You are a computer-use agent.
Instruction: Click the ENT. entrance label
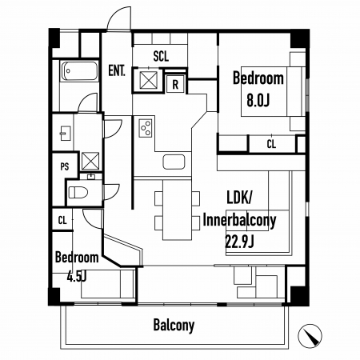tap(117, 70)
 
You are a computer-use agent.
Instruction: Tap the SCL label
tap(161, 56)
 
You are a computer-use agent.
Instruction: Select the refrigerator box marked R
tap(175, 84)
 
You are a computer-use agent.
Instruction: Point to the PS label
tap(65, 166)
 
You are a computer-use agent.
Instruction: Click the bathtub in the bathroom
tap(79, 71)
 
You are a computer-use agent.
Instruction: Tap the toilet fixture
tap(78, 192)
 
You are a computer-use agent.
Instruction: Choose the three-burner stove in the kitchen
tap(146, 128)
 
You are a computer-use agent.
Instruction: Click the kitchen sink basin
tap(174, 162)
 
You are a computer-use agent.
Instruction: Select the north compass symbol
tap(310, 336)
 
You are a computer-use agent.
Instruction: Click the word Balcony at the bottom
tap(174, 326)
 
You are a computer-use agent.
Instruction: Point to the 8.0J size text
tap(258, 101)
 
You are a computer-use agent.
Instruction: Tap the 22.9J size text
tap(239, 242)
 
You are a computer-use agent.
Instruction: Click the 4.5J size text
tap(77, 277)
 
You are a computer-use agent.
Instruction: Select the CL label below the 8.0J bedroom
tap(271, 144)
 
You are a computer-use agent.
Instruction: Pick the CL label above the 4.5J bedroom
tap(62, 221)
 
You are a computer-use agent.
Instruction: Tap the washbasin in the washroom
tap(65, 133)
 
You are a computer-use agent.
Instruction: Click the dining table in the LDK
tap(177, 210)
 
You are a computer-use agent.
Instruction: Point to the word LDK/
tap(239, 198)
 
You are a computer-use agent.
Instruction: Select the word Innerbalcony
tap(239, 221)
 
